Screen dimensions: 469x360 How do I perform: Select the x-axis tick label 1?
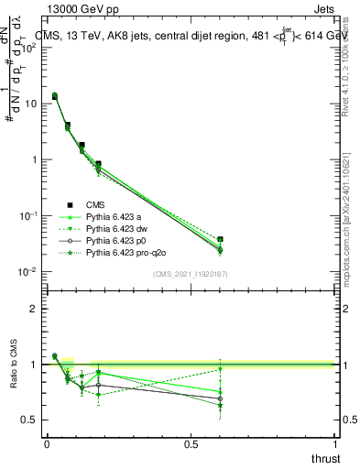[335, 444]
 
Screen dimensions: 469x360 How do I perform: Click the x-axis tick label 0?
[47, 444]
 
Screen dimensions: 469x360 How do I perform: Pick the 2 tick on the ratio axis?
[35, 309]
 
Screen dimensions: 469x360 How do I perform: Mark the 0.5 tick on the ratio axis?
[31, 420]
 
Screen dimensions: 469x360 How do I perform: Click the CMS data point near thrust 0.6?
[220, 239]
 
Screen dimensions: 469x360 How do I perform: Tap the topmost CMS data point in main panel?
[54, 96]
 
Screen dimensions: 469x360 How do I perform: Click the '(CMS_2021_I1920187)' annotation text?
[190, 274]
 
